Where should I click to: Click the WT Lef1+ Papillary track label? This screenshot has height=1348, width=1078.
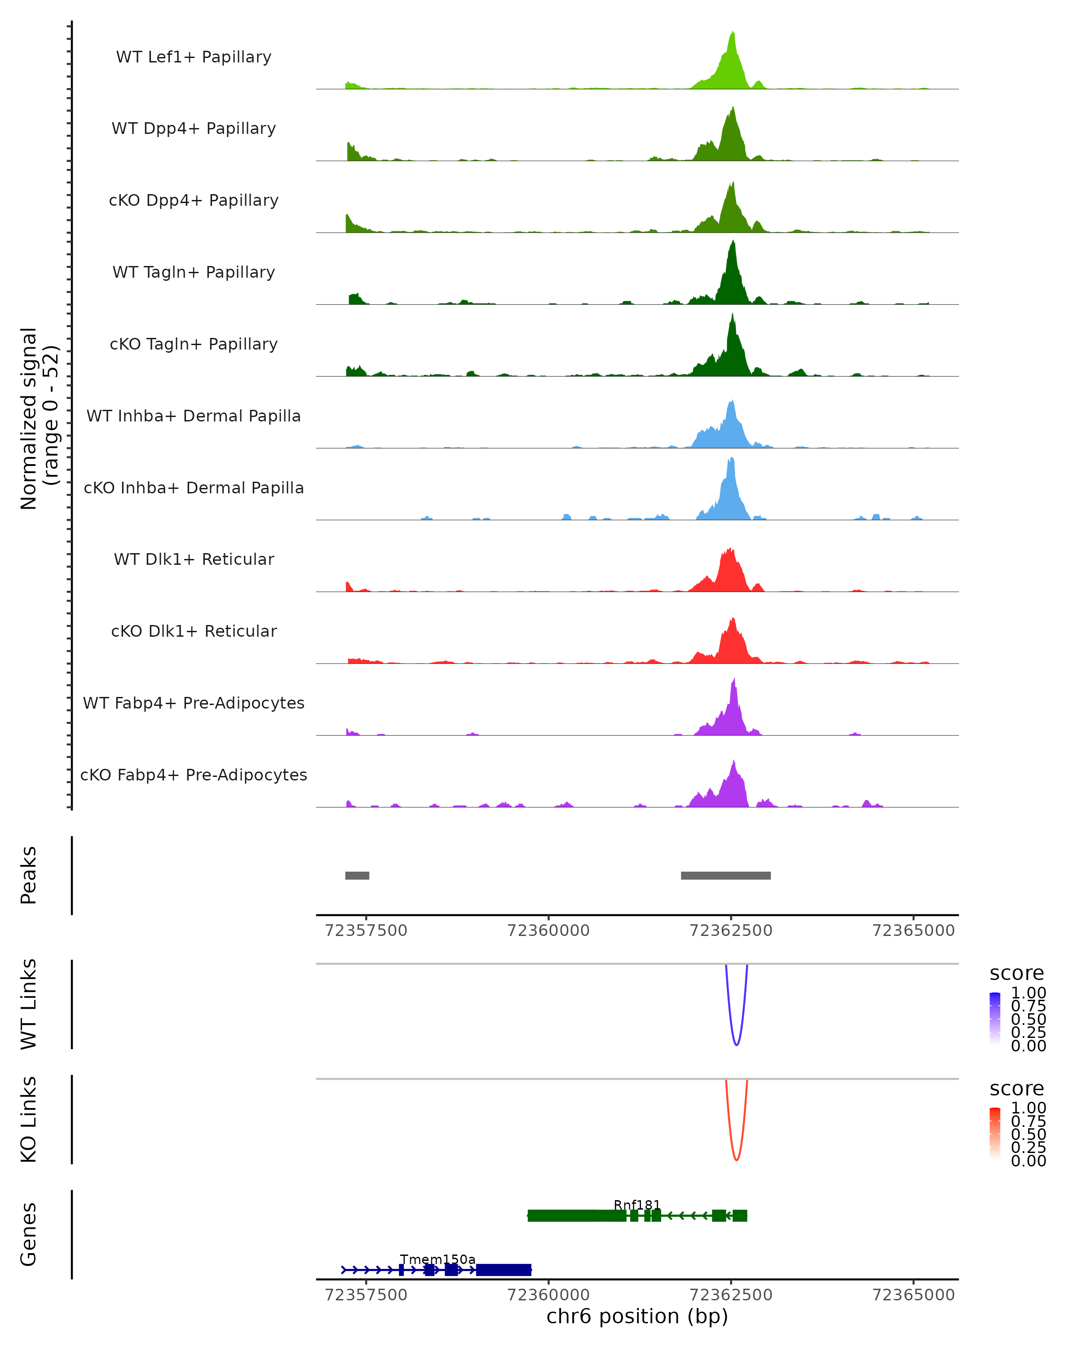point(194,57)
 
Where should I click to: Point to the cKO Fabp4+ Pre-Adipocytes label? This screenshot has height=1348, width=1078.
point(194,775)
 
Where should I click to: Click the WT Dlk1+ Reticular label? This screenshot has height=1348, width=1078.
point(194,559)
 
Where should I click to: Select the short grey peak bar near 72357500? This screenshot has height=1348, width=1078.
point(357,875)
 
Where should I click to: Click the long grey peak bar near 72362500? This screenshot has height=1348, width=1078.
point(725,875)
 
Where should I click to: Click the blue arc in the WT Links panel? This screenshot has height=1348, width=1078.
point(736,1043)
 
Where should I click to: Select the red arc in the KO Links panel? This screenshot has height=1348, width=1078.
point(736,1158)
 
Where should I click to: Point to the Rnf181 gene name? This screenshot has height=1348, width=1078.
point(637,1205)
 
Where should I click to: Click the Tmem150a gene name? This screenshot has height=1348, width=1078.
point(437,1259)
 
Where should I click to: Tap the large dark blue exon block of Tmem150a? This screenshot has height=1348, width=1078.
point(503,1270)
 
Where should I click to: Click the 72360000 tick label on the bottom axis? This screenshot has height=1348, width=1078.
point(548,1294)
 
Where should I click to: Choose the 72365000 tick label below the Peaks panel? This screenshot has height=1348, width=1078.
point(913,931)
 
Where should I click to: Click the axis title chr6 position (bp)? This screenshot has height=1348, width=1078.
point(637,1316)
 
